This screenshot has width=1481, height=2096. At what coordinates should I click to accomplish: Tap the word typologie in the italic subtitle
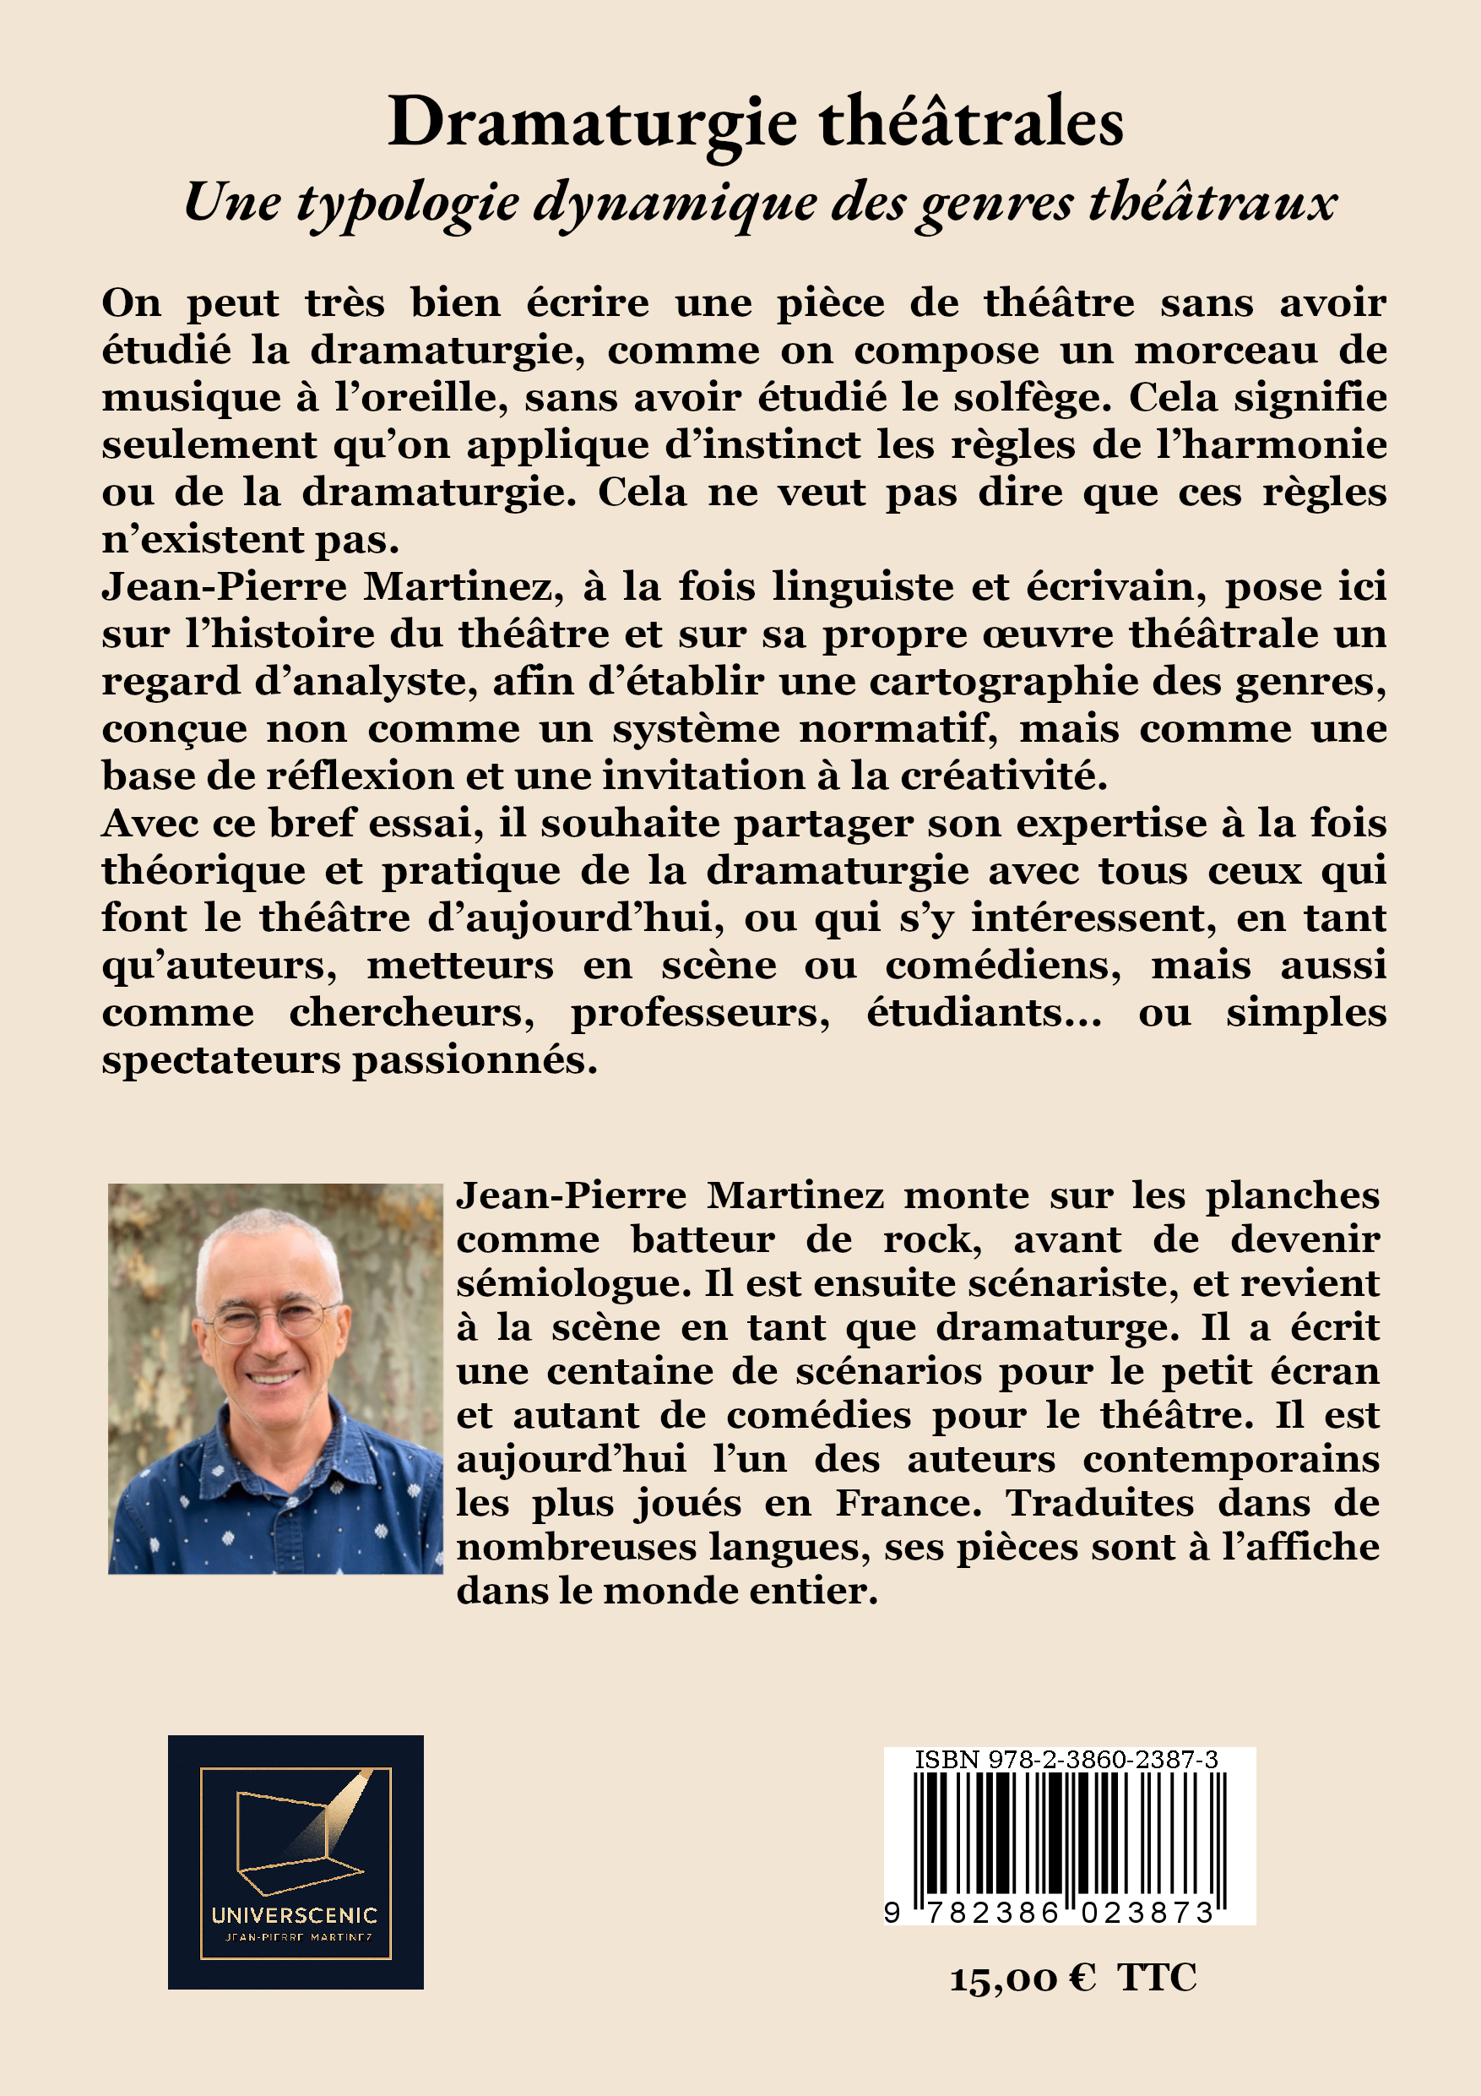click(x=408, y=203)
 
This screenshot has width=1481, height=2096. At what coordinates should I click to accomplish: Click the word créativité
click(x=1004, y=777)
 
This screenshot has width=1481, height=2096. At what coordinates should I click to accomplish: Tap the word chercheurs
click(x=411, y=1013)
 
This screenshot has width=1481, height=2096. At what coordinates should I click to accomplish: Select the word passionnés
click(x=475, y=1061)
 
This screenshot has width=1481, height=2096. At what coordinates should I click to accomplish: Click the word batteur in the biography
click(x=703, y=1239)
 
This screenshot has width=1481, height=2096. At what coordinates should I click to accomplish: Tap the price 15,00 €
click(x=1023, y=1979)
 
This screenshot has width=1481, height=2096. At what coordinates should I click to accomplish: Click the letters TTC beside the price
click(x=1157, y=1979)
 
